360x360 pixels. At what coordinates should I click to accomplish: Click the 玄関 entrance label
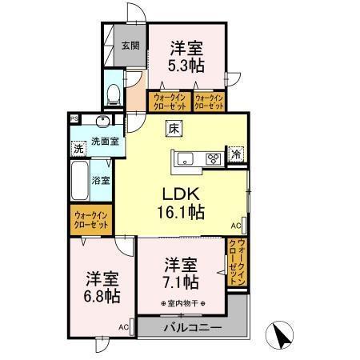click(x=130, y=46)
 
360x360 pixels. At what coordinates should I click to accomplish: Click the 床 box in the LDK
click(x=174, y=126)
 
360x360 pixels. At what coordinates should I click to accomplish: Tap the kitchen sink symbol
click(x=184, y=158)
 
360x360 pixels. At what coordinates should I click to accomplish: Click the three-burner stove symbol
click(x=214, y=158)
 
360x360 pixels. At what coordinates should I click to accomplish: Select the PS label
click(x=74, y=120)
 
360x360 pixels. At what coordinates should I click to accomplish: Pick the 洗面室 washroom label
click(x=104, y=142)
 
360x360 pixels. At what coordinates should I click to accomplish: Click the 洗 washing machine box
click(x=78, y=148)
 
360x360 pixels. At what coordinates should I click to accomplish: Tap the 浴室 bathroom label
click(x=101, y=181)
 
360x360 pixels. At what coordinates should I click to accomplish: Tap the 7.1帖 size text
click(x=182, y=283)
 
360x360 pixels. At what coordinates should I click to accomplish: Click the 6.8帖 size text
click(x=103, y=296)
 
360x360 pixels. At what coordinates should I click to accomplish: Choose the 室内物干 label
click(x=182, y=304)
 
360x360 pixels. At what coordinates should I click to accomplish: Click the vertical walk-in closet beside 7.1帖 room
click(x=238, y=264)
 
